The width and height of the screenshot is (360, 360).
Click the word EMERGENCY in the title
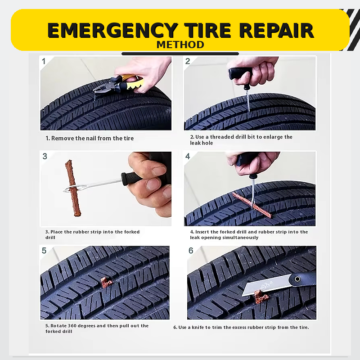point(113,30)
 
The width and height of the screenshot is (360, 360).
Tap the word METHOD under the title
point(180,45)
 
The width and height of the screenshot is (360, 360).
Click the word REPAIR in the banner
point(277,30)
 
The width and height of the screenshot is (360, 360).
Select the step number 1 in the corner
point(44,61)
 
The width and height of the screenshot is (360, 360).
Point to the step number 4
point(188,156)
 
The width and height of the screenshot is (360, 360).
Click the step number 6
point(191,251)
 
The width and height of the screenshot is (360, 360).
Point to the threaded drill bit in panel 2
point(247,100)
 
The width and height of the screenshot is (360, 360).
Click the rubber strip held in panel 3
point(73,188)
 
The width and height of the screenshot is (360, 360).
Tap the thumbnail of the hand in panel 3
point(159,171)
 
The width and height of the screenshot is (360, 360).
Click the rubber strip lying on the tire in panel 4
point(252,205)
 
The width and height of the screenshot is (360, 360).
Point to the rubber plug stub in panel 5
point(106,282)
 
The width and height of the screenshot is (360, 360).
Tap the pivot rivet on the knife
point(297,279)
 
